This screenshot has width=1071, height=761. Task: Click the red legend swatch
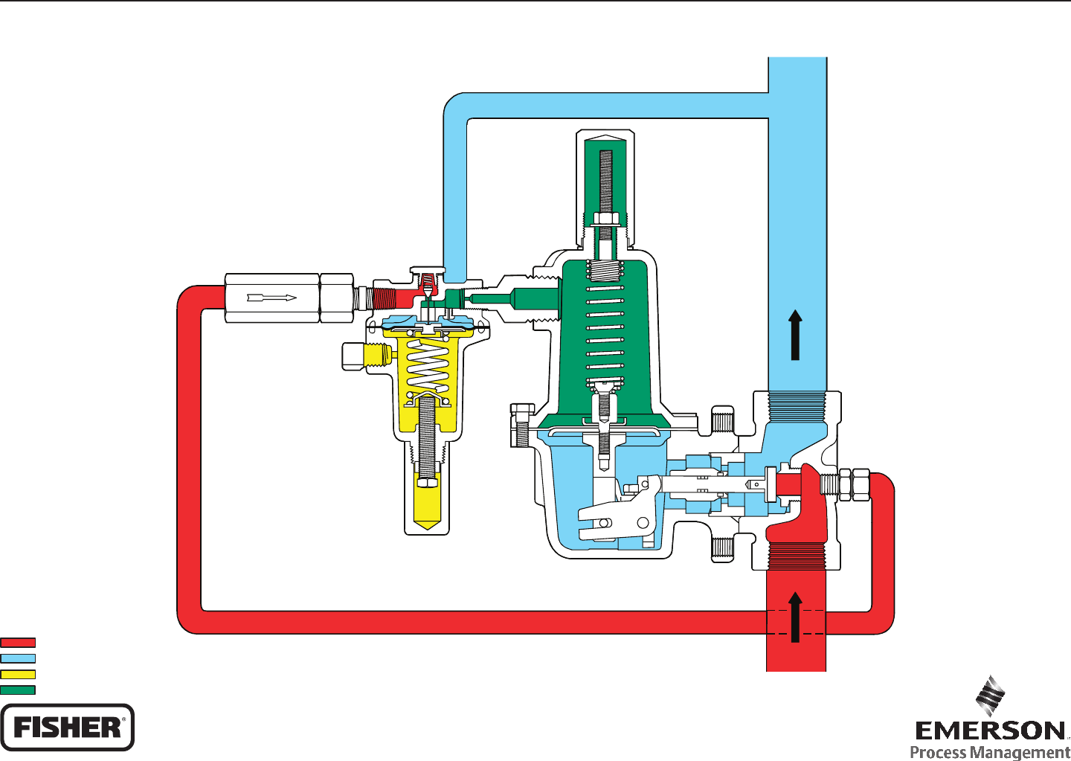point(18,642)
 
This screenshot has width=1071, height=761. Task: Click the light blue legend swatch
point(18,658)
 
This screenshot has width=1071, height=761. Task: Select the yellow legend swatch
point(18,674)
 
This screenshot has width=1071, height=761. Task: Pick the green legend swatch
point(18,690)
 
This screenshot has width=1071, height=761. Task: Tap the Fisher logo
point(67,727)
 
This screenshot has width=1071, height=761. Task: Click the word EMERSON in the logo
point(990,731)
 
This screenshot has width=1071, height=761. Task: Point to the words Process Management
point(990,752)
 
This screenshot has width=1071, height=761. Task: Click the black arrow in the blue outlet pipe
point(796,335)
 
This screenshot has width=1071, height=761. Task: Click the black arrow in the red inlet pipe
point(796,617)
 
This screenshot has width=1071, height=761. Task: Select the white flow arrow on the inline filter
point(271,298)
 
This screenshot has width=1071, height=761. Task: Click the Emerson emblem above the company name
point(990,696)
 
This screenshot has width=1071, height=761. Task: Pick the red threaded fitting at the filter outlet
point(384,298)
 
